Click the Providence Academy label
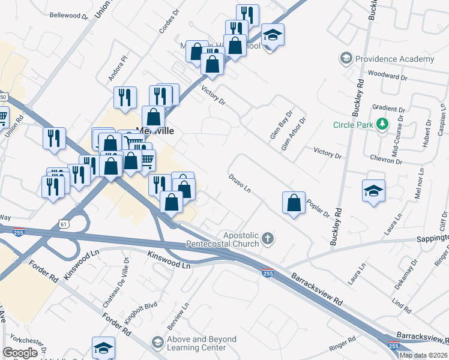point(394,59)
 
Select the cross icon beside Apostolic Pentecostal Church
point(268,239)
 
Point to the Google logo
point(20,353)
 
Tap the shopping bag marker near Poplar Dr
point(294,203)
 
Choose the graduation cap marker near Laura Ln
point(373,191)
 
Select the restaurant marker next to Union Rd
point(54,138)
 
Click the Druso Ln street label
point(240,183)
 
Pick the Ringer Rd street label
point(343,347)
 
